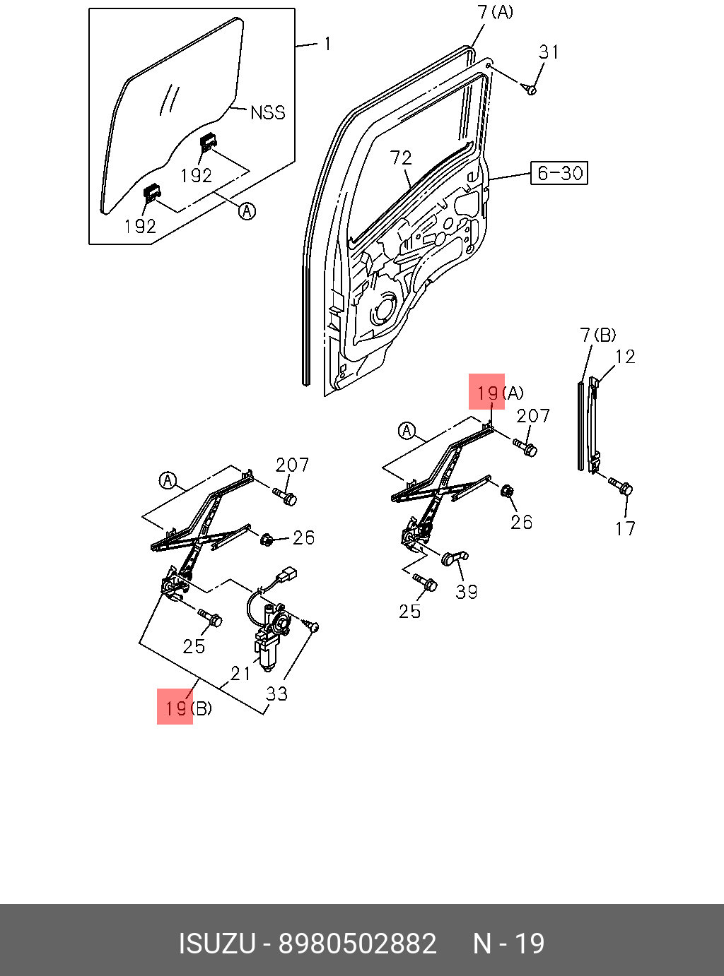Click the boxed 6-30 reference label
pyautogui.click(x=559, y=173)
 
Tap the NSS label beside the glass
pyautogui.click(x=268, y=112)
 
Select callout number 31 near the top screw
pyautogui.click(x=549, y=52)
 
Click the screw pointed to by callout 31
pyautogui.click(x=530, y=90)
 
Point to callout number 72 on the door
pyautogui.click(x=401, y=157)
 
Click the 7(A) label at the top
pyautogui.click(x=495, y=12)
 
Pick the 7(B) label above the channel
pyautogui.click(x=597, y=335)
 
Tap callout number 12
pyautogui.click(x=625, y=357)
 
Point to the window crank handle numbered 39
pyautogui.click(x=452, y=558)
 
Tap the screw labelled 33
pyautogui.click(x=312, y=626)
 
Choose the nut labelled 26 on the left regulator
pyautogui.click(x=267, y=540)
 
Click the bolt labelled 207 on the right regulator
pyautogui.click(x=527, y=447)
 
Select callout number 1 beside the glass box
pyautogui.click(x=327, y=44)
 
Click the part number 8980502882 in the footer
pyautogui.click(x=358, y=944)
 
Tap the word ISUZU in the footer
pyautogui.click(x=216, y=944)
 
